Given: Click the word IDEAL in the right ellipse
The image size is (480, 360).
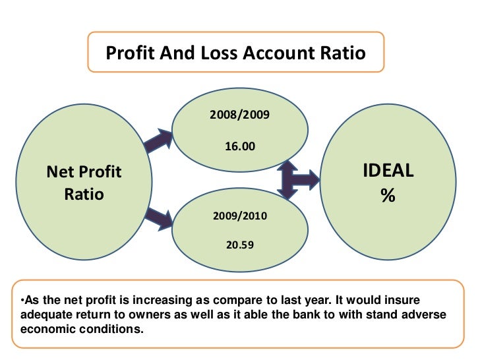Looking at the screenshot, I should (x=388, y=171).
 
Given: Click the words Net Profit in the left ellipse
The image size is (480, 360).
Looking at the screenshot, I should (x=84, y=173).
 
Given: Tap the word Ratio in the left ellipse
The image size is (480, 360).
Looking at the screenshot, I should (x=84, y=195).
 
